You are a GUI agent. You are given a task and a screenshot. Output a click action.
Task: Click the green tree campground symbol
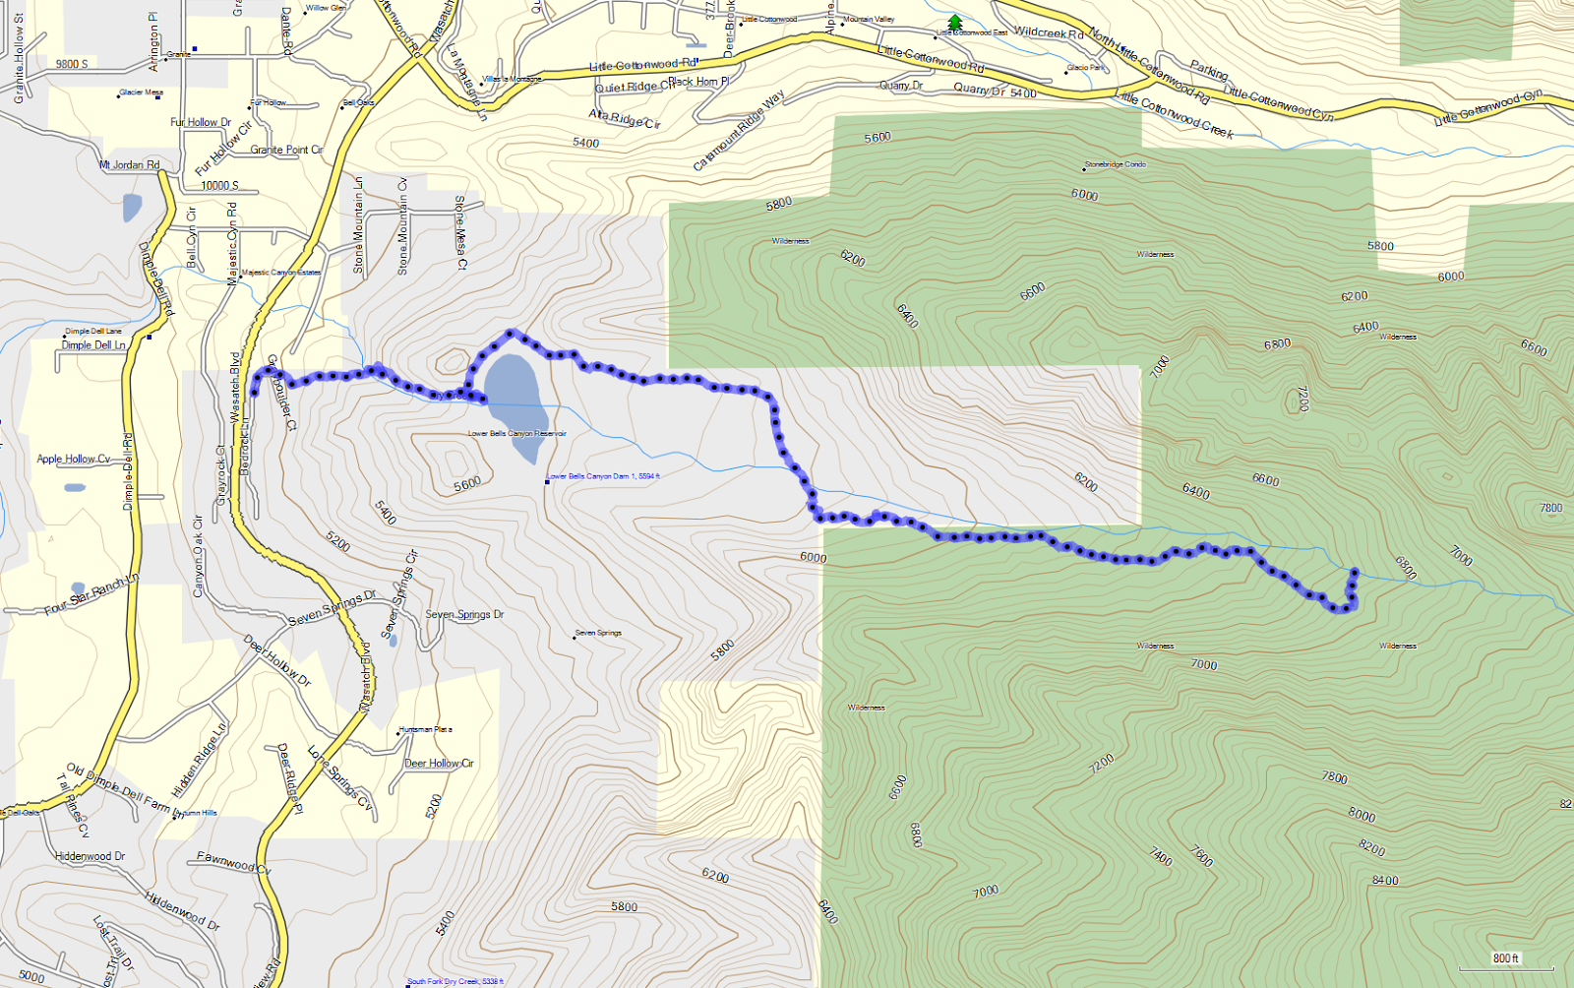(x=954, y=22)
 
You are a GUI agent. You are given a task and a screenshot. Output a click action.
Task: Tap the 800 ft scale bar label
(x=1505, y=958)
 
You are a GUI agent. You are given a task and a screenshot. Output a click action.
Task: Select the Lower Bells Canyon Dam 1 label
(x=603, y=476)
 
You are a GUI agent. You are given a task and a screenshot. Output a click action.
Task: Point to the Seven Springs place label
(x=598, y=633)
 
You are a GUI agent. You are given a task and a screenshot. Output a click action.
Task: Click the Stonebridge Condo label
(x=1115, y=164)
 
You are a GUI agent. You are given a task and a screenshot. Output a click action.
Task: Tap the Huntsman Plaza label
(x=425, y=729)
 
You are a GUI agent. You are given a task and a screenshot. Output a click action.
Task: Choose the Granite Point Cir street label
(x=286, y=150)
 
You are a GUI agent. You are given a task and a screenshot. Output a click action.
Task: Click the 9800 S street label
(x=72, y=64)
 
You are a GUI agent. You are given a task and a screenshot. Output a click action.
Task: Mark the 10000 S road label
(x=219, y=185)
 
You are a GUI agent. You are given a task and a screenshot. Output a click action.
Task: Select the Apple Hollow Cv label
(x=73, y=459)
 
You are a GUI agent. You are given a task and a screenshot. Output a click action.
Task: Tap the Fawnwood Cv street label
(x=233, y=863)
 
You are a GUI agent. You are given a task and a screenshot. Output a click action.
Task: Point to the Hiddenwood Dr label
(x=91, y=856)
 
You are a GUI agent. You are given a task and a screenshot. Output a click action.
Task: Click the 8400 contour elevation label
(x=1384, y=881)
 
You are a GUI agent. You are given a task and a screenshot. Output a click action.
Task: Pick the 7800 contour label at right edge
(x=1550, y=508)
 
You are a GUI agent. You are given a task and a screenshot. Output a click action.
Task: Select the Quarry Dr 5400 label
(x=995, y=92)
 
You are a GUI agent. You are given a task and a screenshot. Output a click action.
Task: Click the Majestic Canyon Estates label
(x=281, y=273)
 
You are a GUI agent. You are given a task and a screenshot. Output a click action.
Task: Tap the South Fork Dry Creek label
(x=454, y=981)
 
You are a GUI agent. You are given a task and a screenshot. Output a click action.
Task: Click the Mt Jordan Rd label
(x=129, y=164)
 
